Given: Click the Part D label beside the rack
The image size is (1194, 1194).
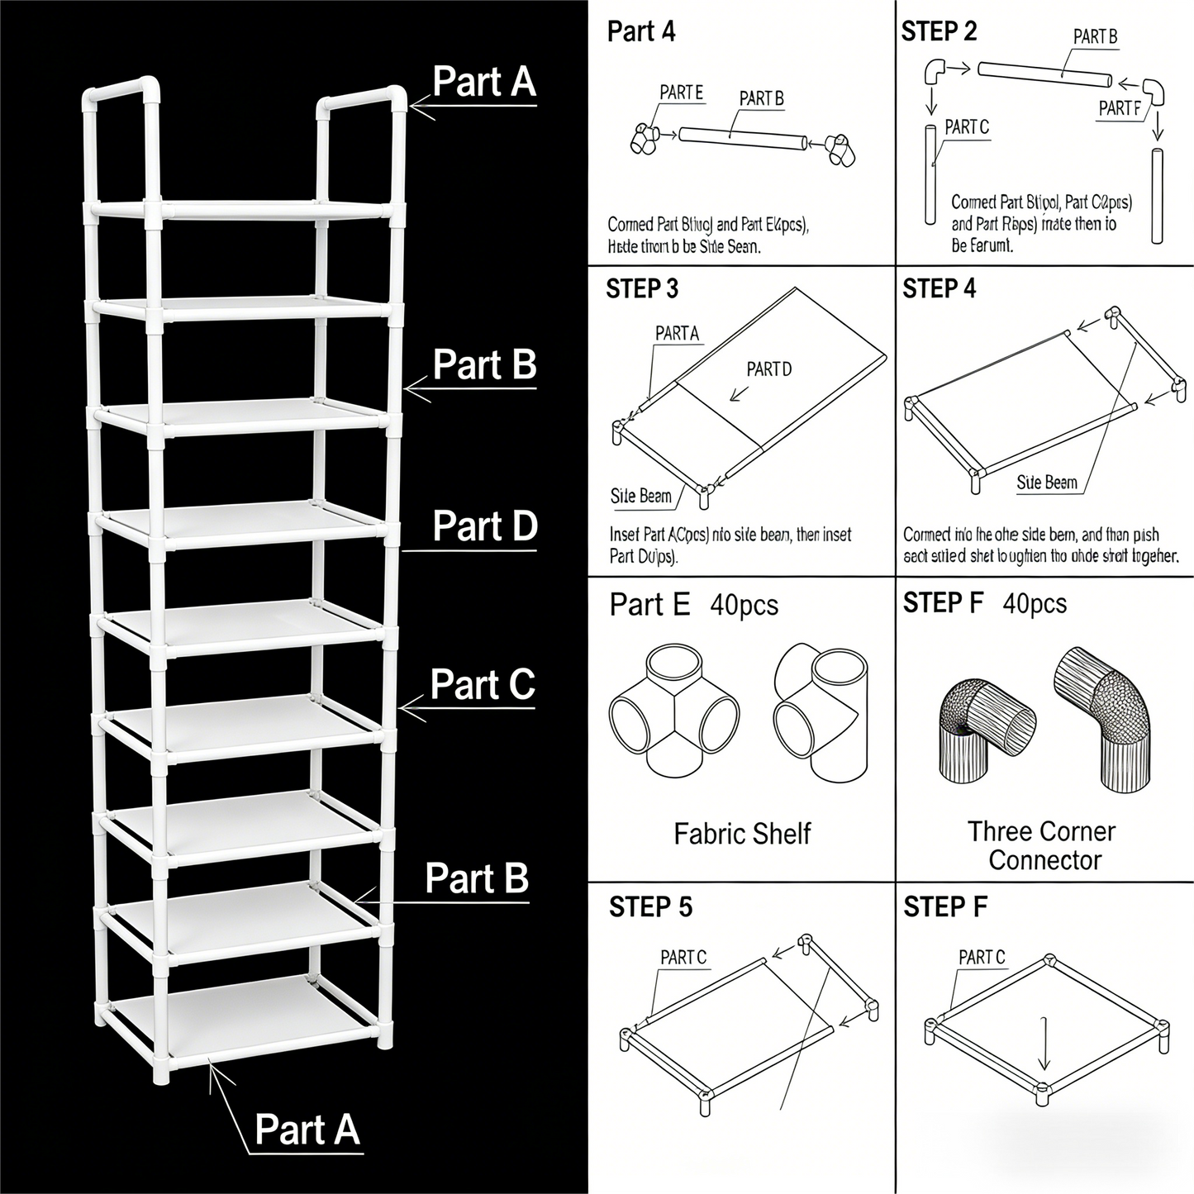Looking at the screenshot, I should [484, 526].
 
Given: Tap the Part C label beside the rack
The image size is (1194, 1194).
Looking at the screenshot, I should [483, 685].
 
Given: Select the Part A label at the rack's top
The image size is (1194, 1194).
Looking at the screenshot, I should [484, 82].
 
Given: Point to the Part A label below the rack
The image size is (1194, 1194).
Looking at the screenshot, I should [307, 1129].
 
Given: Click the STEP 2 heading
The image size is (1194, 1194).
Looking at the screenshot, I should [939, 32].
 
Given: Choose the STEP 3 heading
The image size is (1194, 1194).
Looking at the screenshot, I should [642, 289].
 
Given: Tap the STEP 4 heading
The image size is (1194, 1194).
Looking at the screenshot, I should [939, 289].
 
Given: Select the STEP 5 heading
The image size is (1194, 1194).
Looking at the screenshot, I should [650, 907].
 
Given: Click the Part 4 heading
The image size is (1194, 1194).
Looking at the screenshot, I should [641, 32].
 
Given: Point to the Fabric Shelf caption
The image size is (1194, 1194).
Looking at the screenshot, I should [742, 834].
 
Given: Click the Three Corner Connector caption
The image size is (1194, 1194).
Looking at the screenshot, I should [1042, 845].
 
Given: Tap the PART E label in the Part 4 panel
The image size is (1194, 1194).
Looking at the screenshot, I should [682, 93].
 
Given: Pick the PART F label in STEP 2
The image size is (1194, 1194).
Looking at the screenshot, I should [1120, 108].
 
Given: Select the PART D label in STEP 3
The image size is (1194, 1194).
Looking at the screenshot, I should [768, 369].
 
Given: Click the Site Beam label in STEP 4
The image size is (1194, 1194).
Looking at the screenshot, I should [1047, 483].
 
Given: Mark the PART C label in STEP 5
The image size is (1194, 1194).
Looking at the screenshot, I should [683, 958].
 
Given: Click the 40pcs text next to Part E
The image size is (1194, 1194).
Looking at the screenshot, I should [744, 606].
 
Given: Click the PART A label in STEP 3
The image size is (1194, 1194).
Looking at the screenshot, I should [677, 333].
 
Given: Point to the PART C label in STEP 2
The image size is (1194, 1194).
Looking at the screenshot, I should [967, 127].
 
